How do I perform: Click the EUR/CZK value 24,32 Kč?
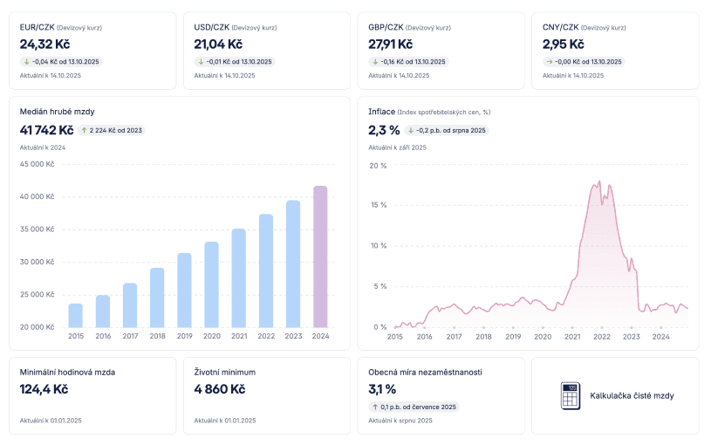pos(44,44)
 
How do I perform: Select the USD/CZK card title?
pos(212,27)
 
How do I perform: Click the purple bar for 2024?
pos(320,257)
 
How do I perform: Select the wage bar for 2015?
pos(76,315)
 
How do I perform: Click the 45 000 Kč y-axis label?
pos(37,164)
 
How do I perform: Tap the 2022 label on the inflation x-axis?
pos(602,336)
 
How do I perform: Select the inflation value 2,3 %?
pos(384,130)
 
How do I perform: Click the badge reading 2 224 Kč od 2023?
pos(112,130)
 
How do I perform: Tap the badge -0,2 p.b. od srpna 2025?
pos(446,130)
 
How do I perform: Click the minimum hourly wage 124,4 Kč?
pos(45,389)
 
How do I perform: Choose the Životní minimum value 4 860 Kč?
pos(220,389)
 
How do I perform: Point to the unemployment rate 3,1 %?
pos(382,389)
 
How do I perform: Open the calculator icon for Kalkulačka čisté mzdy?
pos(571,395)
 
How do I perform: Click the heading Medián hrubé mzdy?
pos(58,111)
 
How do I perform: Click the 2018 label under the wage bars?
pos(157,336)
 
